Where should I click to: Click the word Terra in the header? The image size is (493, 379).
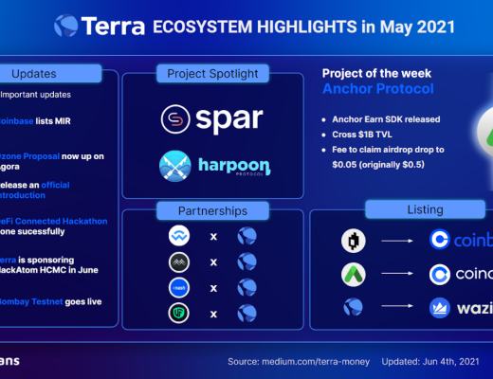113,25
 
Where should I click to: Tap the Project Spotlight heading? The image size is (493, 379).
213,73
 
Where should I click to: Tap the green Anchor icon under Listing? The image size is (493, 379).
354,275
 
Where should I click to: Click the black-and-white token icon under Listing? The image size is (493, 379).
354,241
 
